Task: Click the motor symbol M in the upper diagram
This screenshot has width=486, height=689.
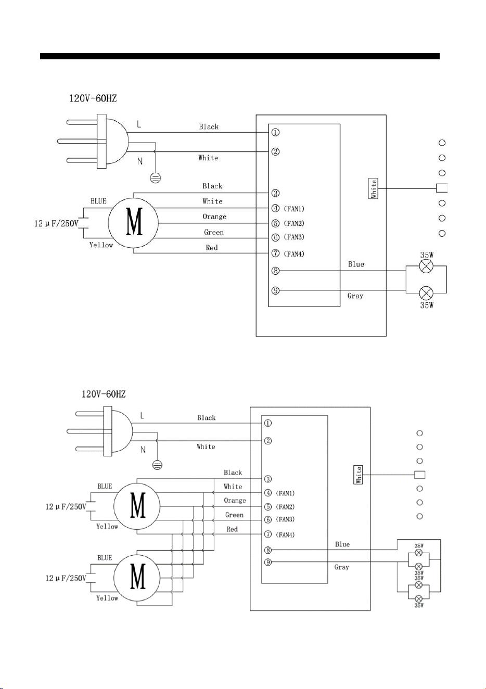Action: pyautogui.click(x=133, y=223)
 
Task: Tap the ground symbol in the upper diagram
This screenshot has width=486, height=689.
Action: pyautogui.click(x=156, y=178)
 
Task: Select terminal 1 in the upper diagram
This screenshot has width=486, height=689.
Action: pyautogui.click(x=275, y=133)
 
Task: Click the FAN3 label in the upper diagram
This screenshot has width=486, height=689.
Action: pyautogui.click(x=294, y=237)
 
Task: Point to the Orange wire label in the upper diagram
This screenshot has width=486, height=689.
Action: pyautogui.click(x=214, y=216)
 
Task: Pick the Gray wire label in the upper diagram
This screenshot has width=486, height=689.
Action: pyautogui.click(x=355, y=296)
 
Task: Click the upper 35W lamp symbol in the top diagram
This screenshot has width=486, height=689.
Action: pyautogui.click(x=426, y=266)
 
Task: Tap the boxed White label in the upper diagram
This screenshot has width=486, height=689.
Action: pyautogui.click(x=374, y=188)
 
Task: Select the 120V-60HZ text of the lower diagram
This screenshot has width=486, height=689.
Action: pyautogui.click(x=104, y=394)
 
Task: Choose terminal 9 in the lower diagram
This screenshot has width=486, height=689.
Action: pyautogui.click(x=268, y=562)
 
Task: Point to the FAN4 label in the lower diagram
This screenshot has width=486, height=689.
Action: pyautogui.click(x=285, y=535)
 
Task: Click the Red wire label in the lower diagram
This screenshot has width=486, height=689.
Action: pyautogui.click(x=232, y=529)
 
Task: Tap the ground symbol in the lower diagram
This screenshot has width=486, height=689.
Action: pyautogui.click(x=158, y=465)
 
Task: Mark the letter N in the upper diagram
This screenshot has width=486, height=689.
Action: pyautogui.click(x=140, y=161)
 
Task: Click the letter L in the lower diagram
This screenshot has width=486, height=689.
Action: pyautogui.click(x=142, y=416)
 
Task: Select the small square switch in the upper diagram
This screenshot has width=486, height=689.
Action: pyautogui.click(x=442, y=188)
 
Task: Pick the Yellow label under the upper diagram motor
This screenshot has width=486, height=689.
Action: pyautogui.click(x=101, y=245)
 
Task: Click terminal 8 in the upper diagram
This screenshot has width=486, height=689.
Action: pyautogui.click(x=275, y=271)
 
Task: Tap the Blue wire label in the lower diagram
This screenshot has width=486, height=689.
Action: pyautogui.click(x=342, y=544)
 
